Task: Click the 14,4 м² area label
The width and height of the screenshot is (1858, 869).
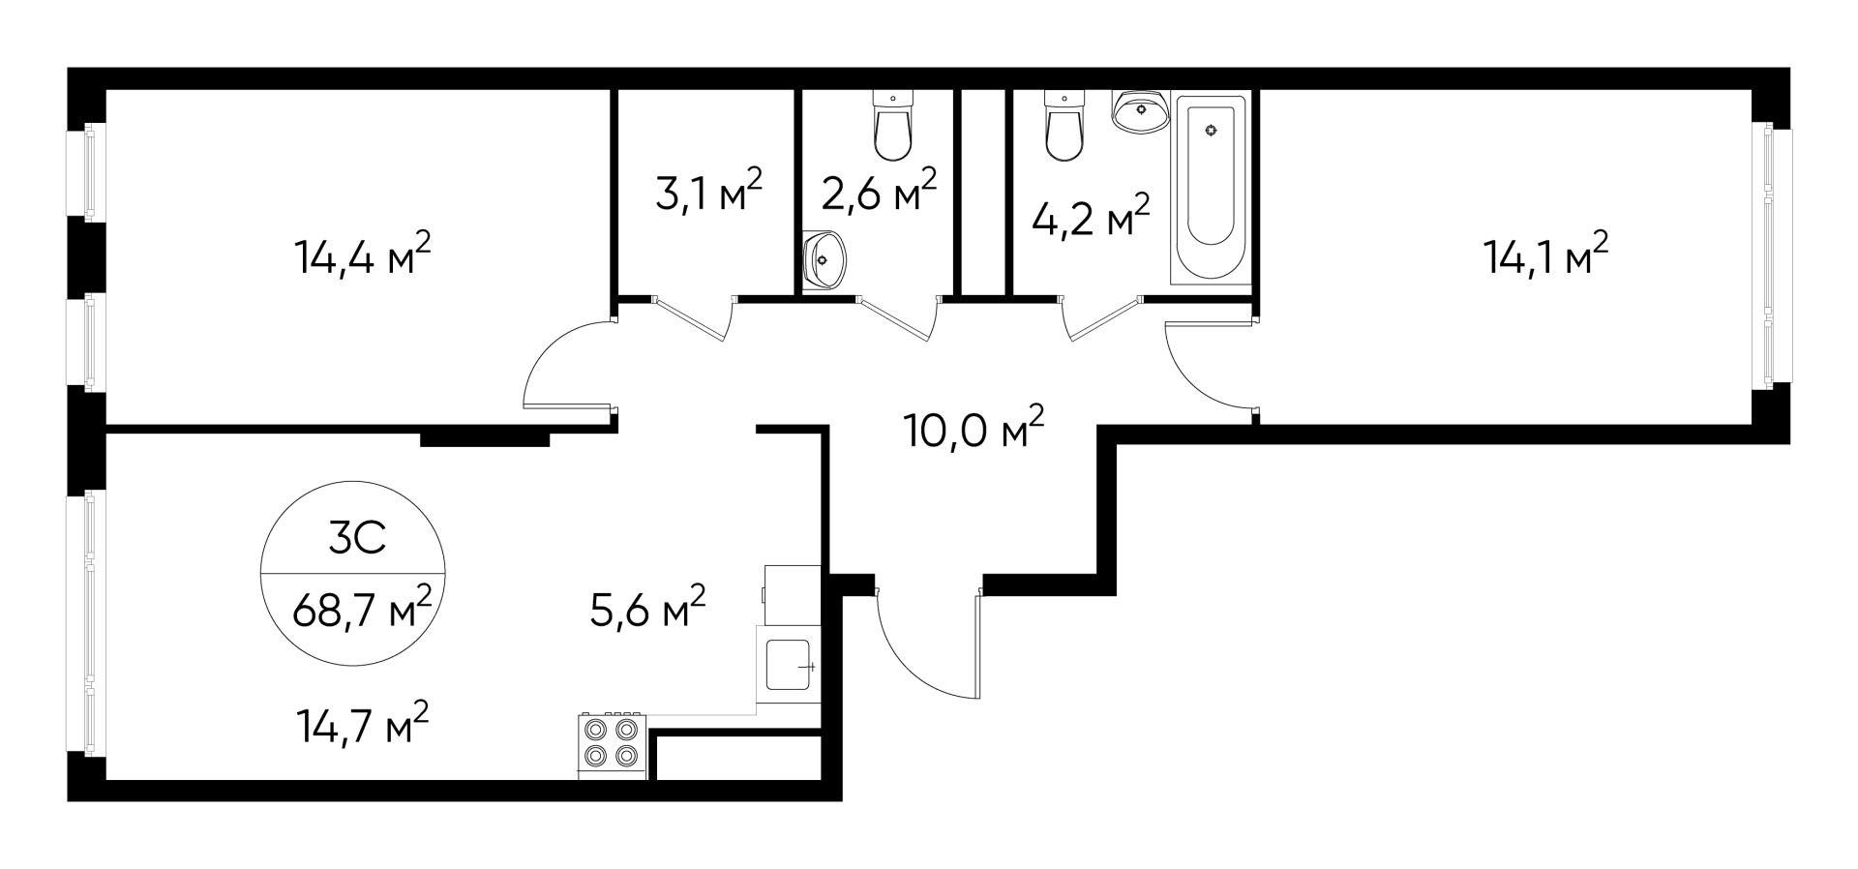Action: [361, 258]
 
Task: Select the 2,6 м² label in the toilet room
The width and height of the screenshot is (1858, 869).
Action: [878, 193]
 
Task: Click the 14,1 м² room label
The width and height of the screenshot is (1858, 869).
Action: [1545, 257]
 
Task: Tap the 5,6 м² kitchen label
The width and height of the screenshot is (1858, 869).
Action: [647, 609]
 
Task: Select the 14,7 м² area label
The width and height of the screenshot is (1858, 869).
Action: [361, 726]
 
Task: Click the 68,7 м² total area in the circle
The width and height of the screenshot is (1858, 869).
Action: [361, 611]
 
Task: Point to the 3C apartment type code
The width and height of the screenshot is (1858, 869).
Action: [357, 539]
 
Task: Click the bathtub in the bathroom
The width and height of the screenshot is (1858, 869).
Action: [1210, 188]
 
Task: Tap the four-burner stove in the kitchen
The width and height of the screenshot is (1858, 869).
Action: [612, 742]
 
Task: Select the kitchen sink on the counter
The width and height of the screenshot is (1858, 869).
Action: [788, 665]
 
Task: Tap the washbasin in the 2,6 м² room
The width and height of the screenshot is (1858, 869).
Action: [824, 260]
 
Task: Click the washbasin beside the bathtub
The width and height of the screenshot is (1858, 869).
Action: [1141, 110]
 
